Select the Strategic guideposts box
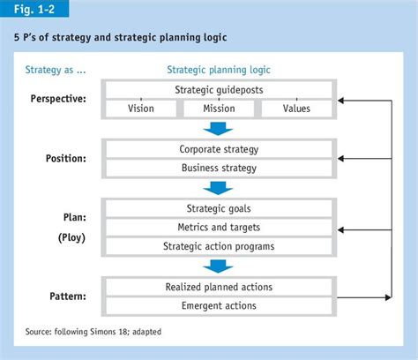pos(219,90)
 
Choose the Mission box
pos(218,109)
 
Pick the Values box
pos(297,109)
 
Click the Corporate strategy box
pos(219,149)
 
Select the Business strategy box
pos(219,168)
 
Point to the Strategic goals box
pos(219,208)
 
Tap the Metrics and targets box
pos(219,227)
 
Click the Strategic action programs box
pos(219,245)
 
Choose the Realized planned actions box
pos(219,287)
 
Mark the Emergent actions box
pos(219,305)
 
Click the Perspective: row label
pos(57,99)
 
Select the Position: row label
pos(65,159)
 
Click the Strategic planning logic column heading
pos(219,69)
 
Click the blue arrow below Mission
pos(218,128)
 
